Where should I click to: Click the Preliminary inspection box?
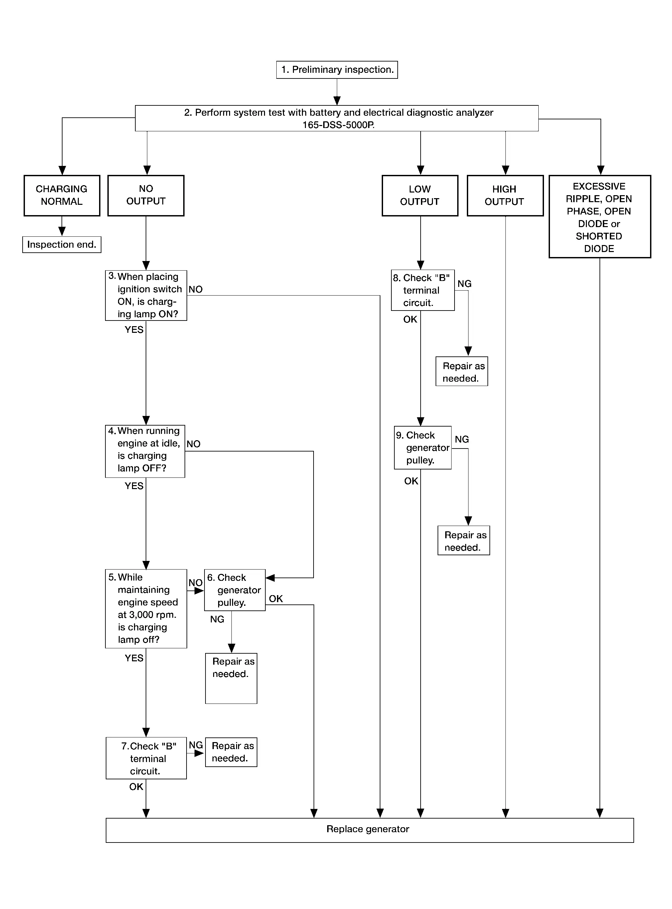pos(337,70)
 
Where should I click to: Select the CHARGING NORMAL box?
pos(62,195)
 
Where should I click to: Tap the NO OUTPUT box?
pos(146,195)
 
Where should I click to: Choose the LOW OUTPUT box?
pos(420,195)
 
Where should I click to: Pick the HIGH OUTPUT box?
pos(505,195)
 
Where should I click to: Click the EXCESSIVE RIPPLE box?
pos(600,217)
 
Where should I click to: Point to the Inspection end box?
pos(62,245)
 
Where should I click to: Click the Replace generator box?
pos(370,830)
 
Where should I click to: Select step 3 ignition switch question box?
pos(146,296)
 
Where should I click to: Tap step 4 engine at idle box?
pos(145,452)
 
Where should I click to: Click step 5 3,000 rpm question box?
pos(146,609)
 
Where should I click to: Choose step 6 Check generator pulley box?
pos(235,590)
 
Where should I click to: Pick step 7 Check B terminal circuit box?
pos(146,758)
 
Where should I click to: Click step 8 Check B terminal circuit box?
pos(423,290)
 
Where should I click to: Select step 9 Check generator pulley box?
pos(423,448)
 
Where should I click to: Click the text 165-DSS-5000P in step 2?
pos(338,125)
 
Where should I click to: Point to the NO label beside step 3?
pos(196,289)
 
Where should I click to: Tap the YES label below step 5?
pos(134,658)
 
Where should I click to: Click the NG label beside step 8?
pos(465,284)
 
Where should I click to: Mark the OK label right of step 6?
pos(276,599)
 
